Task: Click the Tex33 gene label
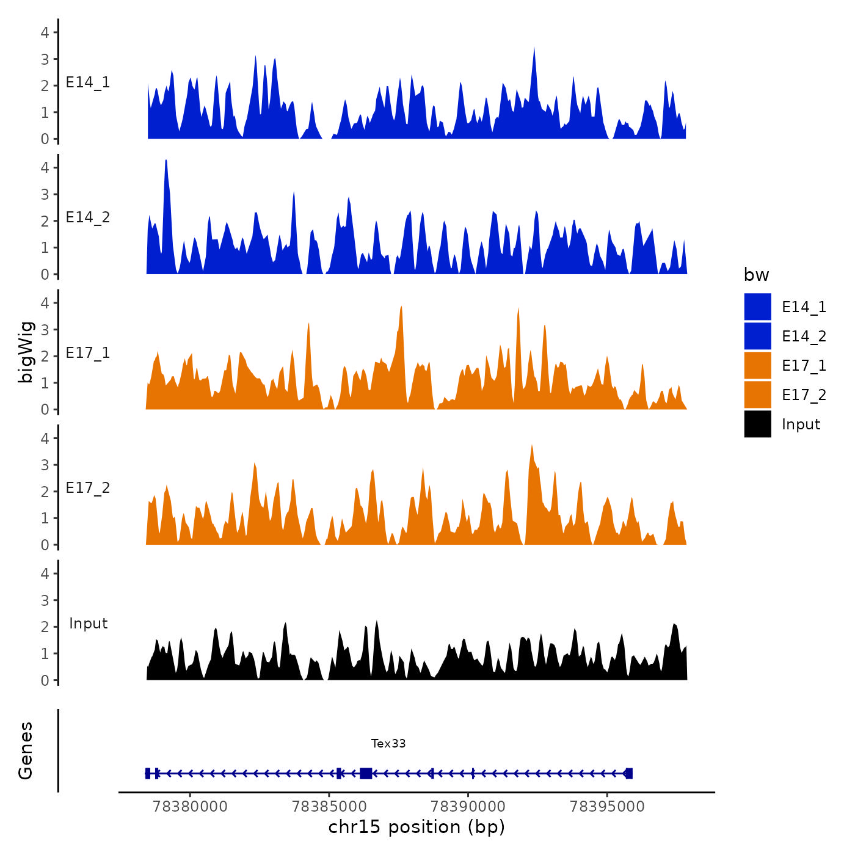coord(388,743)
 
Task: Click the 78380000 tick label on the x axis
coord(190,807)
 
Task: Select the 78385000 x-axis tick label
coord(329,807)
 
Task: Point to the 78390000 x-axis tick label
coord(468,807)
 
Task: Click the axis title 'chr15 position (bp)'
coord(417,827)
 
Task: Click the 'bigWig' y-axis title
coord(26,352)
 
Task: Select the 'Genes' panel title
coord(26,751)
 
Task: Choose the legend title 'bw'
coord(756,275)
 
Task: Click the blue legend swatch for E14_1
coord(757,307)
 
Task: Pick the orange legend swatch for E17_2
coord(757,395)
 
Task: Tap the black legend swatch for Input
coord(757,424)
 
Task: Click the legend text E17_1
coord(804,366)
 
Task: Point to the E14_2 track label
coord(88,217)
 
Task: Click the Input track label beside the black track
coord(88,624)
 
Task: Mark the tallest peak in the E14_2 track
coord(166,161)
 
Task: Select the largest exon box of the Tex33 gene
coord(366,773)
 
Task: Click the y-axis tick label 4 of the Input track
coord(45,573)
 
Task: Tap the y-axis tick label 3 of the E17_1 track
coord(45,330)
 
